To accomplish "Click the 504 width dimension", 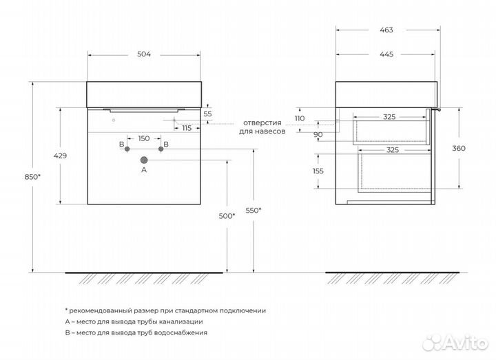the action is click(x=144, y=54).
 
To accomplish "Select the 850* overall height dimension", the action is click(x=32, y=177).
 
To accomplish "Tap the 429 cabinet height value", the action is click(x=60, y=156).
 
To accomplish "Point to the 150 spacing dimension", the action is click(x=144, y=138).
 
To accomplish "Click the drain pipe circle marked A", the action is click(x=144, y=160).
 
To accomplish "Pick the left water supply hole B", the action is click(x=127, y=149).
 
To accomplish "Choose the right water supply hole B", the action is click(x=161, y=149).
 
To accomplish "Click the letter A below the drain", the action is click(x=144, y=170).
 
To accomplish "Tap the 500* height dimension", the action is click(x=227, y=216).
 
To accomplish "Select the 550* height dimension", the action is click(x=254, y=210).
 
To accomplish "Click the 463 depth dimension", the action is click(x=386, y=30).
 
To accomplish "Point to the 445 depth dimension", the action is click(x=386, y=54).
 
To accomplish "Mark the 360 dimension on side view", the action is click(x=459, y=148).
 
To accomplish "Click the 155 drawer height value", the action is click(x=318, y=171).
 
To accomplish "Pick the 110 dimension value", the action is click(x=300, y=118).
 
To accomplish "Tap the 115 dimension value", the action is click(x=187, y=128).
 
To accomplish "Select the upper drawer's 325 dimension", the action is click(x=389, y=117).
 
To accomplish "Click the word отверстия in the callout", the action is click(x=262, y=123).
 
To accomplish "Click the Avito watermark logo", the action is click(x=455, y=342).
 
